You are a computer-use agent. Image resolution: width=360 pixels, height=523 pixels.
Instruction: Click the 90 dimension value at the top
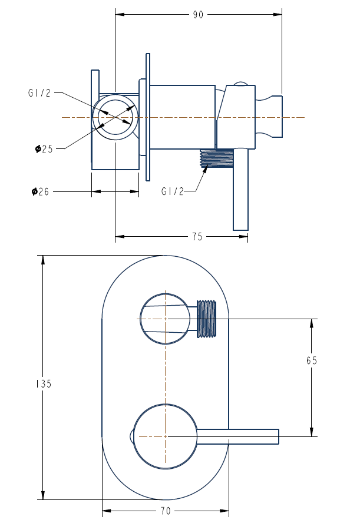197,15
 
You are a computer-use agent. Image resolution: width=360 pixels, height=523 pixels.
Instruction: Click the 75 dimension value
197,237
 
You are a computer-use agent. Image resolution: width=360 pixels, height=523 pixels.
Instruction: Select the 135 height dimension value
44,383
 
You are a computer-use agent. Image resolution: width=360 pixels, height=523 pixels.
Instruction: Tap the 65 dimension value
312,361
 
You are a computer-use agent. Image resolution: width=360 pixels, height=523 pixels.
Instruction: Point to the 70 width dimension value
165,510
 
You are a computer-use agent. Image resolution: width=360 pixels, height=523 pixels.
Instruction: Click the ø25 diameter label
44,149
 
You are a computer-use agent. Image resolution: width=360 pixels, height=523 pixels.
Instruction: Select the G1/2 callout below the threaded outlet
172,191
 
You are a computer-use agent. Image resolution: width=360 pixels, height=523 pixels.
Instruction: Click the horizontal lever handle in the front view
247,436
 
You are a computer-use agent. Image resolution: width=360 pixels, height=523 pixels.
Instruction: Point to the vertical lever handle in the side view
241,194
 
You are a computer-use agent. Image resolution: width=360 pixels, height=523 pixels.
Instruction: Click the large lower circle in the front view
166,436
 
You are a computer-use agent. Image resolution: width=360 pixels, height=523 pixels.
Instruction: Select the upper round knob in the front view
165,319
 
